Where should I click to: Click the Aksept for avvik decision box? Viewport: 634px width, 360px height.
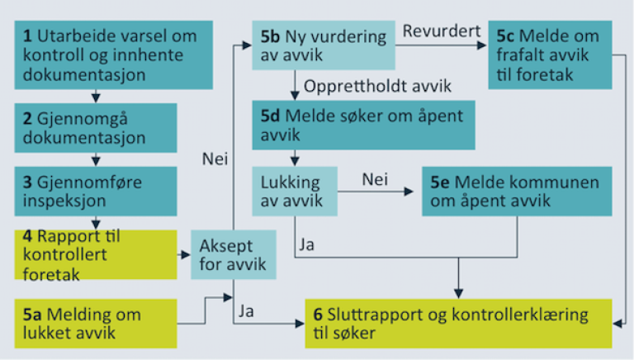pyautogui.click(x=233, y=254)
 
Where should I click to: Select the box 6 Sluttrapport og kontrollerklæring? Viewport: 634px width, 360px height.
pyautogui.click(x=457, y=323)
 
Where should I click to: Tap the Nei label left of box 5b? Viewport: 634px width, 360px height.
pyautogui.click(x=214, y=159)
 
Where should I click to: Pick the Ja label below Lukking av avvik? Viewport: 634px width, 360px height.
pyautogui.click(x=306, y=245)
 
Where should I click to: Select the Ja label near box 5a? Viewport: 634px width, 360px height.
pyautogui.click(x=245, y=311)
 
